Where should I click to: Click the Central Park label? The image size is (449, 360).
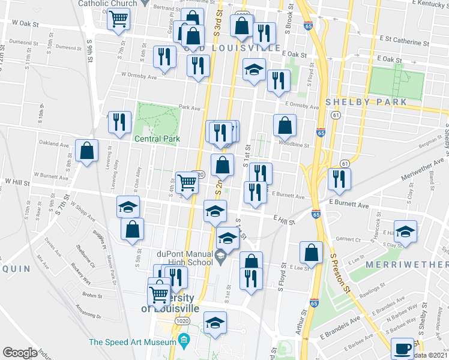157,139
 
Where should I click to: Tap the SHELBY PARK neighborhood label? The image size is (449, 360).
366,102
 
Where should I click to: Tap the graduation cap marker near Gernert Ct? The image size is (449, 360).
406,235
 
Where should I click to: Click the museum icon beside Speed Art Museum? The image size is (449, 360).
184,341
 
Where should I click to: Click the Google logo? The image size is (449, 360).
20,352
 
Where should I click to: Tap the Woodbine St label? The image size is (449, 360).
294,144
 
